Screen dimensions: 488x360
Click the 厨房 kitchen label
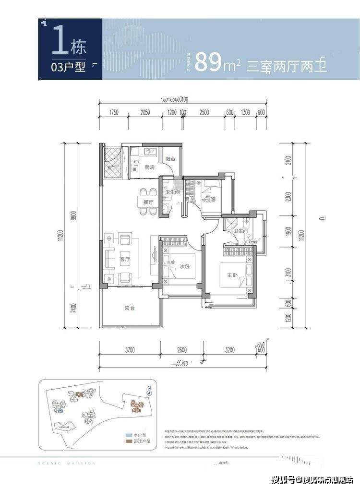click(x=149, y=168)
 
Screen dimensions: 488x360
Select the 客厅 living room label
click(x=126, y=259)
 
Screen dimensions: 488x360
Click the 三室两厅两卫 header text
click(x=287, y=65)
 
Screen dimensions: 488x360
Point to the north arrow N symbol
click(x=150, y=391)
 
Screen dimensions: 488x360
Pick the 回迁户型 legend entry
click(x=141, y=441)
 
